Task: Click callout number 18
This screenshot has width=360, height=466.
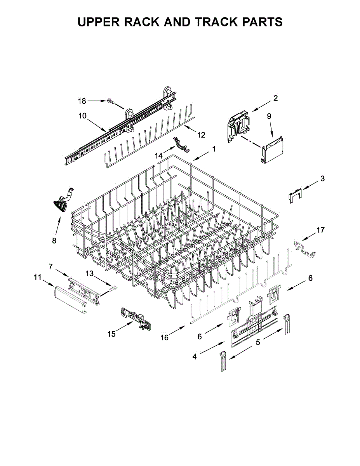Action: (x=82, y=101)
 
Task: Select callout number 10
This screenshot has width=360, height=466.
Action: (x=82, y=116)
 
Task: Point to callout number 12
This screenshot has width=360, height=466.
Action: (x=201, y=135)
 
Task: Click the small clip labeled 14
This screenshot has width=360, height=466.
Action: (x=181, y=143)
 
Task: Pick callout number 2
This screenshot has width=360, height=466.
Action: (x=275, y=98)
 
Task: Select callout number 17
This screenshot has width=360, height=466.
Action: (x=320, y=230)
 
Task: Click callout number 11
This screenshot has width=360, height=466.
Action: (x=37, y=277)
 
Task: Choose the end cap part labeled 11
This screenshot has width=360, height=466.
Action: (x=69, y=297)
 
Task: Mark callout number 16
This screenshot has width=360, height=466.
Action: (x=165, y=337)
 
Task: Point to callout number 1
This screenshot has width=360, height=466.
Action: (x=213, y=149)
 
